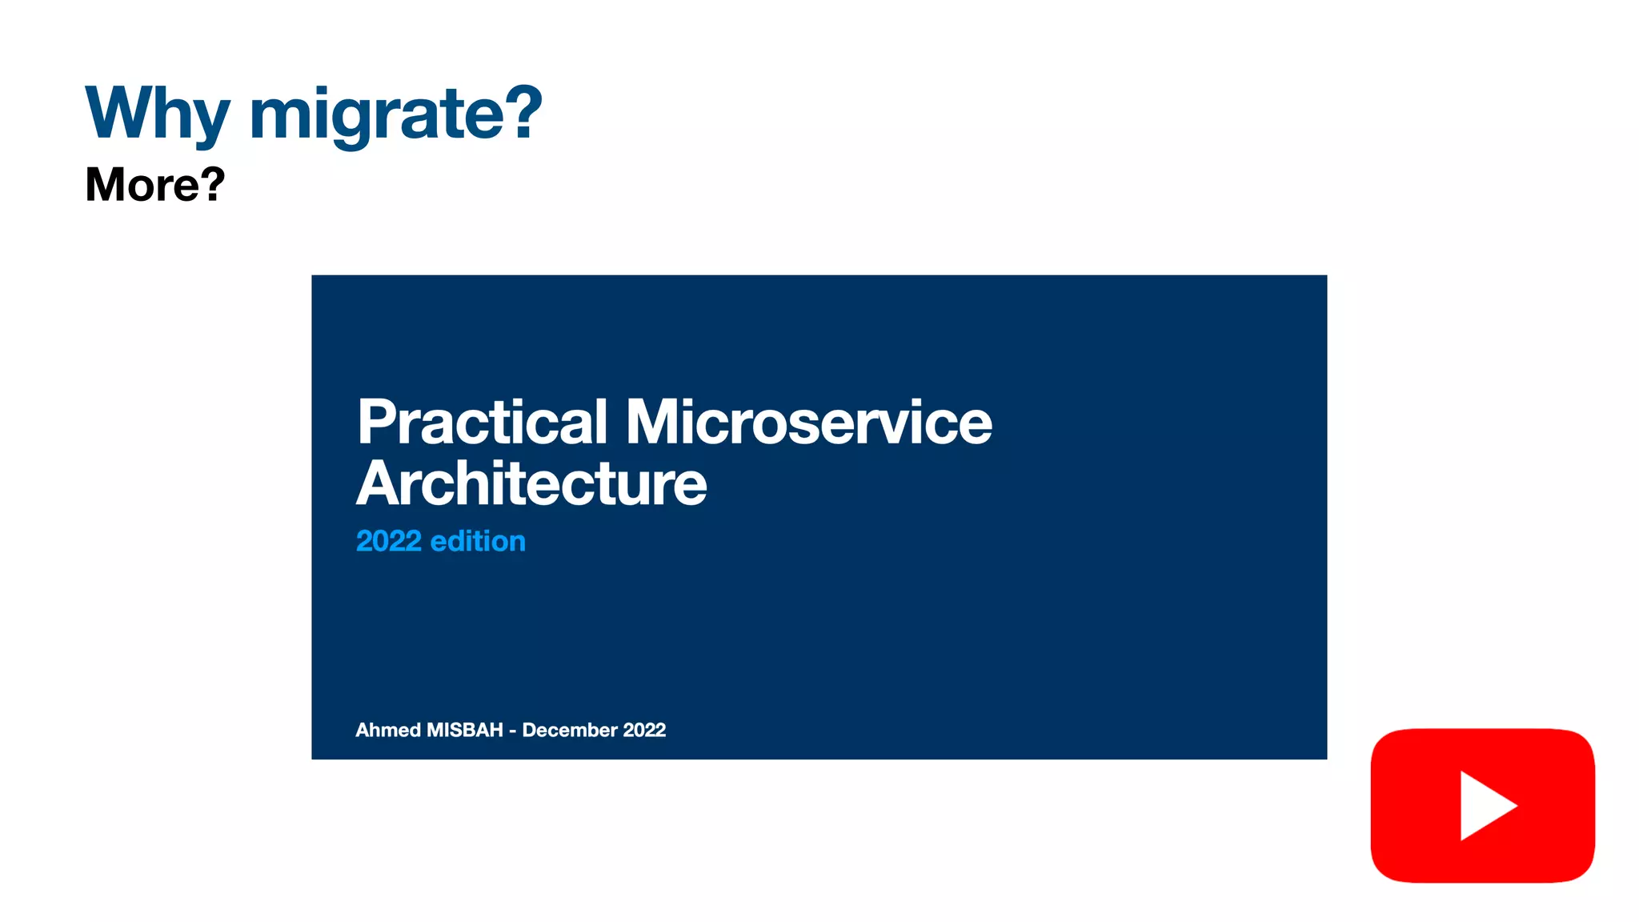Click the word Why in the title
click(x=157, y=114)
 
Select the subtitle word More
click(x=139, y=185)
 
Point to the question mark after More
click(x=211, y=183)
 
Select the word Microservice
click(x=808, y=422)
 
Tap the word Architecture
click(x=531, y=484)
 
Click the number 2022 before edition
click(x=388, y=542)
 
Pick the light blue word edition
click(x=478, y=542)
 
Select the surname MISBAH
click(x=465, y=730)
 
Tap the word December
click(x=570, y=730)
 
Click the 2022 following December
click(x=644, y=730)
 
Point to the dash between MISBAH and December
click(x=512, y=732)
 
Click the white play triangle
click(x=1484, y=805)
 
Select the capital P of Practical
click(x=375, y=422)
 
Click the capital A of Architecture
click(x=376, y=484)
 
